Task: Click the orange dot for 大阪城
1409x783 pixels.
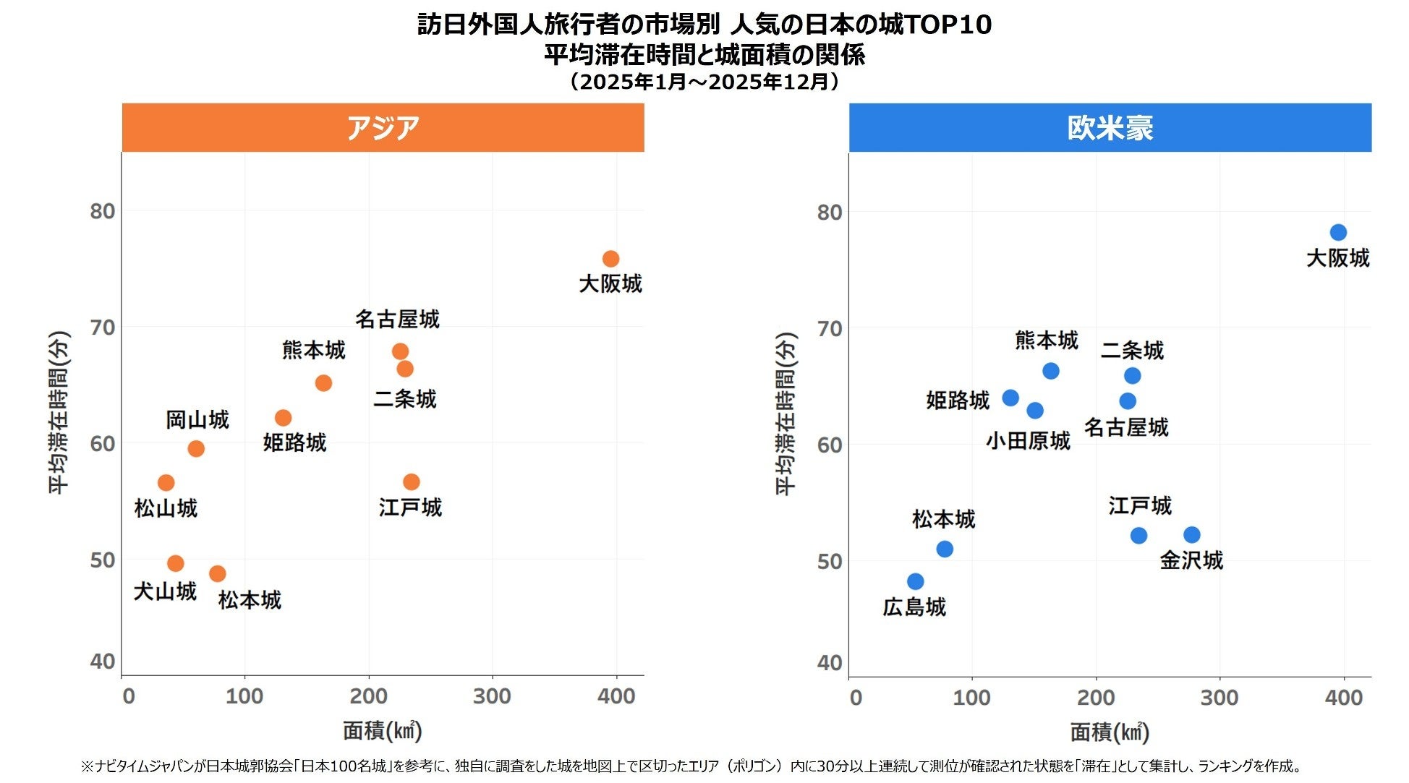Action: click(x=610, y=259)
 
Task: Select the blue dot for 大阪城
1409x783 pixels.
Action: click(x=1337, y=233)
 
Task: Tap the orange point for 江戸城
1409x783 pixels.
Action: click(x=411, y=482)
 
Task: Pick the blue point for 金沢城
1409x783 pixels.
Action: click(x=1191, y=535)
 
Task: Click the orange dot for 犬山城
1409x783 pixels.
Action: click(x=175, y=563)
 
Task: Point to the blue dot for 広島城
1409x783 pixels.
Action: click(x=915, y=581)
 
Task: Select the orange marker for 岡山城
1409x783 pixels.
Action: click(x=195, y=449)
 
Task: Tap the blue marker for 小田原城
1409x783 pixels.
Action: click(x=1035, y=411)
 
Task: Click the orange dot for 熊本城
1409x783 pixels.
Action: click(x=323, y=383)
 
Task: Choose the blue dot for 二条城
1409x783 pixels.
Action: click(x=1132, y=376)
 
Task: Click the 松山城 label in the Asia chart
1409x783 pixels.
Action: click(x=166, y=508)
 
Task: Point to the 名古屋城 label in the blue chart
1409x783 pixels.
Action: click(x=1125, y=427)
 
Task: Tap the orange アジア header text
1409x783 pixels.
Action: click(x=383, y=128)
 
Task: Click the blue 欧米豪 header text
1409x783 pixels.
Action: click(x=1110, y=128)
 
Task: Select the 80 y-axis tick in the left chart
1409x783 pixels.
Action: click(x=103, y=211)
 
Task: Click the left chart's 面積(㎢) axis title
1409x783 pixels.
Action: click(x=382, y=731)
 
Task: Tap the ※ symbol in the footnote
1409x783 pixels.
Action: click(x=87, y=766)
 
